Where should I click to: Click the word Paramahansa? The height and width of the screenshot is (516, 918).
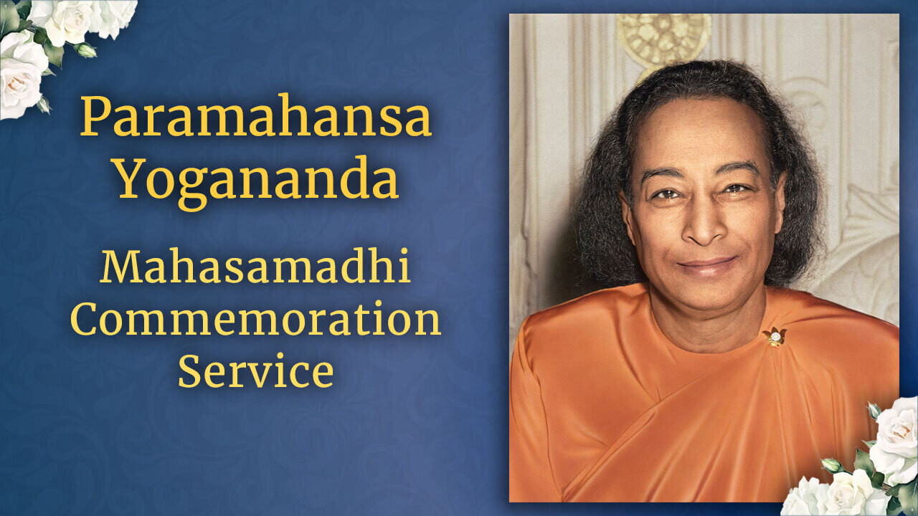[256, 117]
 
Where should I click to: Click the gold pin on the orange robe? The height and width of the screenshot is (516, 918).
[774, 336]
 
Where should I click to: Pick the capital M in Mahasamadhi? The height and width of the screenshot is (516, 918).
[119, 267]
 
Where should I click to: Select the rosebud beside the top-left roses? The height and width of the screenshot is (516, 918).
[85, 50]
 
